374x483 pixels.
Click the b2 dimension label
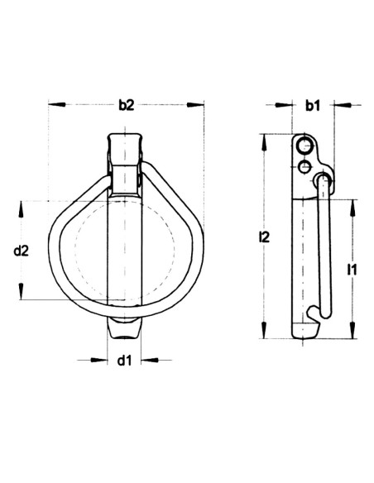(126, 105)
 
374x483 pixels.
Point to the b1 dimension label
(312, 105)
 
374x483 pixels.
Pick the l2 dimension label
(264, 237)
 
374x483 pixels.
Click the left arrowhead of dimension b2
(54, 105)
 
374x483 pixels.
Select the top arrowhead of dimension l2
(264, 137)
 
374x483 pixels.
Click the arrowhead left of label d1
(103, 360)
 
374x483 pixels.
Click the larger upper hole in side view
(305, 148)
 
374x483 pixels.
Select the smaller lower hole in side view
(304, 167)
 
